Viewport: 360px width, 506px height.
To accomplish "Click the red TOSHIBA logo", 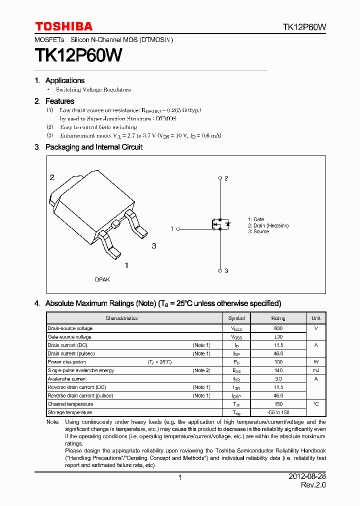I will pos(63,26).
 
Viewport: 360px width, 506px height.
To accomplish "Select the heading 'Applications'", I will pos(65,80).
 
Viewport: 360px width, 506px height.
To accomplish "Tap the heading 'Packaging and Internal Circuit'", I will pos(94,147).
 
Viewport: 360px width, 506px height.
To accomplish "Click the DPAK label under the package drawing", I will pos(102,279).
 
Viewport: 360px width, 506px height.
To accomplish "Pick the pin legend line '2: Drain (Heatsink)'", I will pos(268,225).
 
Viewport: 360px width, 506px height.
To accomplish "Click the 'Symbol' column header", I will pos(236,318).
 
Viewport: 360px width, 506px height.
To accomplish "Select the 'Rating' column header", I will pos(278,318).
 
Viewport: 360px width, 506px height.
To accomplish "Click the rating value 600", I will pos(278,328).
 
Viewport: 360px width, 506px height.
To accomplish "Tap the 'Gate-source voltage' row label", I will pos(69,337).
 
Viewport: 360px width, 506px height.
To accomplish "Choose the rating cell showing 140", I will pos(278,370).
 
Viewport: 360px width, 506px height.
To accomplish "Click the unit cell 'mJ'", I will pos(316,370).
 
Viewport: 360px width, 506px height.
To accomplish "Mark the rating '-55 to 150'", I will pos(278,412).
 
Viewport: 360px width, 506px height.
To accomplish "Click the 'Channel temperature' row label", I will pos(70,404).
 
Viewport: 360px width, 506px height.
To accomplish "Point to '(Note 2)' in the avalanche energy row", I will pos(201,370).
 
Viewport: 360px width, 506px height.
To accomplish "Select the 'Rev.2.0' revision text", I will pos(313,485).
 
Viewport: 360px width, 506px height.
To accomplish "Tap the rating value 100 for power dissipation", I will pos(278,362).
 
